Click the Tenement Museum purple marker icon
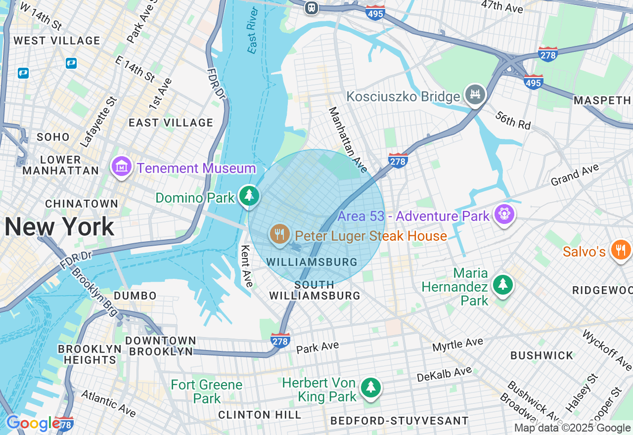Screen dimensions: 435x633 click(x=121, y=167)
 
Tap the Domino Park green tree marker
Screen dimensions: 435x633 click(x=249, y=196)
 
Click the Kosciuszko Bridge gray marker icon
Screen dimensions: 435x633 click(x=475, y=94)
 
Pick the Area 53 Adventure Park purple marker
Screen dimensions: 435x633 click(x=504, y=214)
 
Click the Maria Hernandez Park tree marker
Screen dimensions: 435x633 click(x=502, y=284)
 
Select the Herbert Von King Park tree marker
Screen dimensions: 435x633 click(x=370, y=387)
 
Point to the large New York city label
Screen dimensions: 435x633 click(x=59, y=227)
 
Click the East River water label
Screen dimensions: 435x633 click(x=253, y=31)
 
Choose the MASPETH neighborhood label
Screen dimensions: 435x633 click(x=602, y=100)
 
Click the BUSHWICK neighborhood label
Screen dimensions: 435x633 click(x=542, y=355)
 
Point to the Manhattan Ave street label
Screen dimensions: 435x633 click(x=348, y=140)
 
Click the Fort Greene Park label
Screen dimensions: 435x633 click(x=206, y=391)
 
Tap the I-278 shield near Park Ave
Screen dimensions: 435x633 click(x=280, y=340)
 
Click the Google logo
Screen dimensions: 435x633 click(x=33, y=423)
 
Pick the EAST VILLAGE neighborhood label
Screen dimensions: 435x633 click(x=171, y=123)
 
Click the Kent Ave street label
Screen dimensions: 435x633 click(x=247, y=265)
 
